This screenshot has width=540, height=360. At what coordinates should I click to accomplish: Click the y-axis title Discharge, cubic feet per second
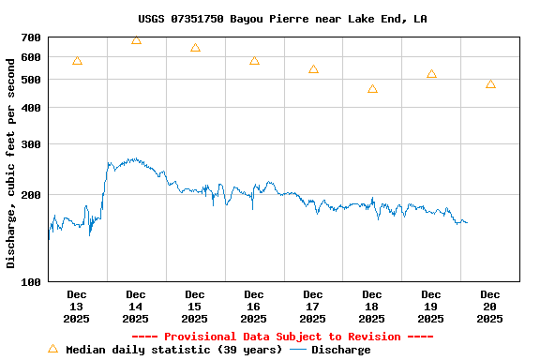[11, 162]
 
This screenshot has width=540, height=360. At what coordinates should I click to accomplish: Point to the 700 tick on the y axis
[31, 37]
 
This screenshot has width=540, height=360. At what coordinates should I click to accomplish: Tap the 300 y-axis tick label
[31, 144]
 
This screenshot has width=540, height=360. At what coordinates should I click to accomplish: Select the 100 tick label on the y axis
[31, 281]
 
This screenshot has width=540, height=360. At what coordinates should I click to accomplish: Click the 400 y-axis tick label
[31, 109]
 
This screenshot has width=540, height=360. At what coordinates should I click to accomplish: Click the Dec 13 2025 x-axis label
[77, 307]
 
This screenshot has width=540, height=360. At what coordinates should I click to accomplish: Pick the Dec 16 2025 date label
[254, 307]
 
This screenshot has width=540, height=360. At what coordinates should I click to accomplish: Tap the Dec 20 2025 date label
[490, 307]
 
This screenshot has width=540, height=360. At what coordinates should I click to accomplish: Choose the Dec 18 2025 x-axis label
[372, 307]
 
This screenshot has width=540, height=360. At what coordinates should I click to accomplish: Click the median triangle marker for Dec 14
[136, 40]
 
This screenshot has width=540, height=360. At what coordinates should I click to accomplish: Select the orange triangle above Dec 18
[372, 89]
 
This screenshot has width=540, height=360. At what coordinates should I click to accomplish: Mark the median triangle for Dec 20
[490, 84]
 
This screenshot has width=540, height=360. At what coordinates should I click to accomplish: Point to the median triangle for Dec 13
[77, 61]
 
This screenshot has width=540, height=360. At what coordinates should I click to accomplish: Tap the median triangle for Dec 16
[254, 61]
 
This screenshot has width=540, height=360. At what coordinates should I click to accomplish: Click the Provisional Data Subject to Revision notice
[282, 337]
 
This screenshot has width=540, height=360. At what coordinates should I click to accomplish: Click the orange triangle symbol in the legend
[52, 349]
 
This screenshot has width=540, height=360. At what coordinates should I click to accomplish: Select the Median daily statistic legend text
[172, 350]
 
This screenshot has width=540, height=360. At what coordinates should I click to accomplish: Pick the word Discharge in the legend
[340, 350]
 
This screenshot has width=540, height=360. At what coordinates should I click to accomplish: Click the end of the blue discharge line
[467, 222]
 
